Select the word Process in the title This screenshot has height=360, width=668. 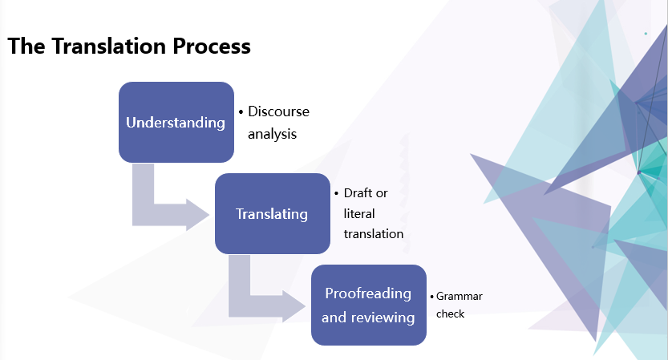pos(212,47)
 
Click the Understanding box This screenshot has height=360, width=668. pos(176,122)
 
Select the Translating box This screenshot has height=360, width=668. pos(272,213)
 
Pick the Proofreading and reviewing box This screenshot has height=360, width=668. pos(368,305)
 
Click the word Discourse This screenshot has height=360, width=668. pos(278,111)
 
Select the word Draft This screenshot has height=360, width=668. pos(358,193)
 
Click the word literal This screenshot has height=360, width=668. pos(359,213)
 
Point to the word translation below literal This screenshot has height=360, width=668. pos(373,233)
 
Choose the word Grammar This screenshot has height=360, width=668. pos(460,296)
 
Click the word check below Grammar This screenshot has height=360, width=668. pos(450,313)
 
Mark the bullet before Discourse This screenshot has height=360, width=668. pos(241,112)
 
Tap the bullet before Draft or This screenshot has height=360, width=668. pos(337,194)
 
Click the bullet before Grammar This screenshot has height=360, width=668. pos(431,297)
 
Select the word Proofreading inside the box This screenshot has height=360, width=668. pos(368,293)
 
